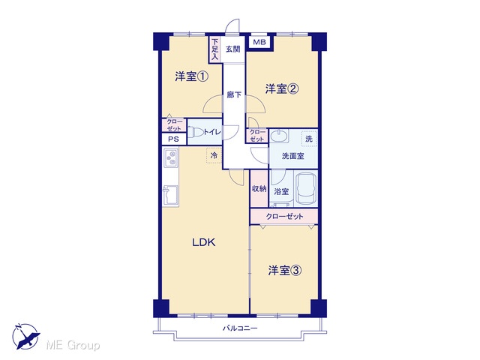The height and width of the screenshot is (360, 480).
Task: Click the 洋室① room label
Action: pyautogui.click(x=192, y=76)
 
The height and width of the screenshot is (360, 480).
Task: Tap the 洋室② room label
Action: pyautogui.click(x=282, y=88)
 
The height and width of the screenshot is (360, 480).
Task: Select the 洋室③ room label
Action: pyautogui.click(x=285, y=270)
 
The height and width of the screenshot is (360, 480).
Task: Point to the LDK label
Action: pyautogui.click(x=203, y=242)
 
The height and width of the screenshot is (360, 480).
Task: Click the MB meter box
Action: pyautogui.click(x=259, y=42)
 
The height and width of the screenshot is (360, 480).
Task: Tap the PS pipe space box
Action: pyautogui.click(x=173, y=139)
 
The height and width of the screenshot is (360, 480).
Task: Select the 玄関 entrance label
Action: pyautogui.click(x=233, y=49)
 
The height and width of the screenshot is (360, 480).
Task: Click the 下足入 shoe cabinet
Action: pyautogui.click(x=215, y=49)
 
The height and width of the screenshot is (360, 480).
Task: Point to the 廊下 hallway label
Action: pyautogui.click(x=234, y=95)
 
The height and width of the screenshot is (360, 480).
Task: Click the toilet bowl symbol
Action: pyautogui.click(x=196, y=133)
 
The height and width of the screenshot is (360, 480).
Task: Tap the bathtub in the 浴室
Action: pyautogui.click(x=306, y=189)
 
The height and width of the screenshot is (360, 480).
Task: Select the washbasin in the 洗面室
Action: pyautogui.click(x=278, y=136)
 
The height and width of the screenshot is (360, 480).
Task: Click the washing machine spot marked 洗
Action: pyautogui.click(x=309, y=139)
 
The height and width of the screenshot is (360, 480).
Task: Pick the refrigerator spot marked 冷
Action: pyautogui.click(x=214, y=155)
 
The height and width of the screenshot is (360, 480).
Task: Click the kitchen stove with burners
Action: pyautogui.click(x=170, y=158)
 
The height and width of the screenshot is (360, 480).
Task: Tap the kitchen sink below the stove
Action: pyautogui.click(x=170, y=195)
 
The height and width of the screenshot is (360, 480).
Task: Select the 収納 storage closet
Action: pyautogui.click(x=259, y=189)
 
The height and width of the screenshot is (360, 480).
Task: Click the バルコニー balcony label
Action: pyautogui.click(x=240, y=328)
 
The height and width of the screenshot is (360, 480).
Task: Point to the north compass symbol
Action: pyautogui.click(x=25, y=336)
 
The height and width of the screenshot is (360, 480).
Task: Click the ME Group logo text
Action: pyautogui.click(x=73, y=345)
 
